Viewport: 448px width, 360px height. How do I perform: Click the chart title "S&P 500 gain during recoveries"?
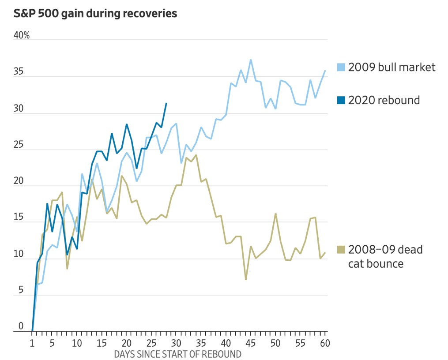tap(95, 14)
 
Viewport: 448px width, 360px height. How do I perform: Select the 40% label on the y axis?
tap(22, 35)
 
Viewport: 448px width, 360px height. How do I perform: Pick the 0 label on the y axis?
tap(20, 326)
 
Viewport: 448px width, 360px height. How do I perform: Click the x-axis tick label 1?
tap(32, 343)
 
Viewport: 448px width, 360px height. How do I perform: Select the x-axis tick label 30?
tap(176, 343)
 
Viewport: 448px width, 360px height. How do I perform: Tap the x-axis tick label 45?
tap(251, 343)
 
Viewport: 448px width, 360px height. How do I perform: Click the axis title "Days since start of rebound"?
tap(178, 354)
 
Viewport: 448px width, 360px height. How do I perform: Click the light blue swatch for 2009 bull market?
tap(341, 67)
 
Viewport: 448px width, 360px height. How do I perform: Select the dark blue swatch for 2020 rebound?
tap(341, 101)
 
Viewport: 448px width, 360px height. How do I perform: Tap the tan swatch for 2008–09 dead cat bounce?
tap(341, 250)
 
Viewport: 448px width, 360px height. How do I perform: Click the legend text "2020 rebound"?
tap(384, 100)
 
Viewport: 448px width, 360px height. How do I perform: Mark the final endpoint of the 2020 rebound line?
tap(166, 103)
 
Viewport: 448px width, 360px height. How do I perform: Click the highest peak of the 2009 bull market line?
tap(251, 60)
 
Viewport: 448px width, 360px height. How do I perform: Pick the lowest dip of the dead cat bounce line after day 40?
tap(245, 279)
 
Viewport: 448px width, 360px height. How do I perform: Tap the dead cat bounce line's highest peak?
tap(196, 155)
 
